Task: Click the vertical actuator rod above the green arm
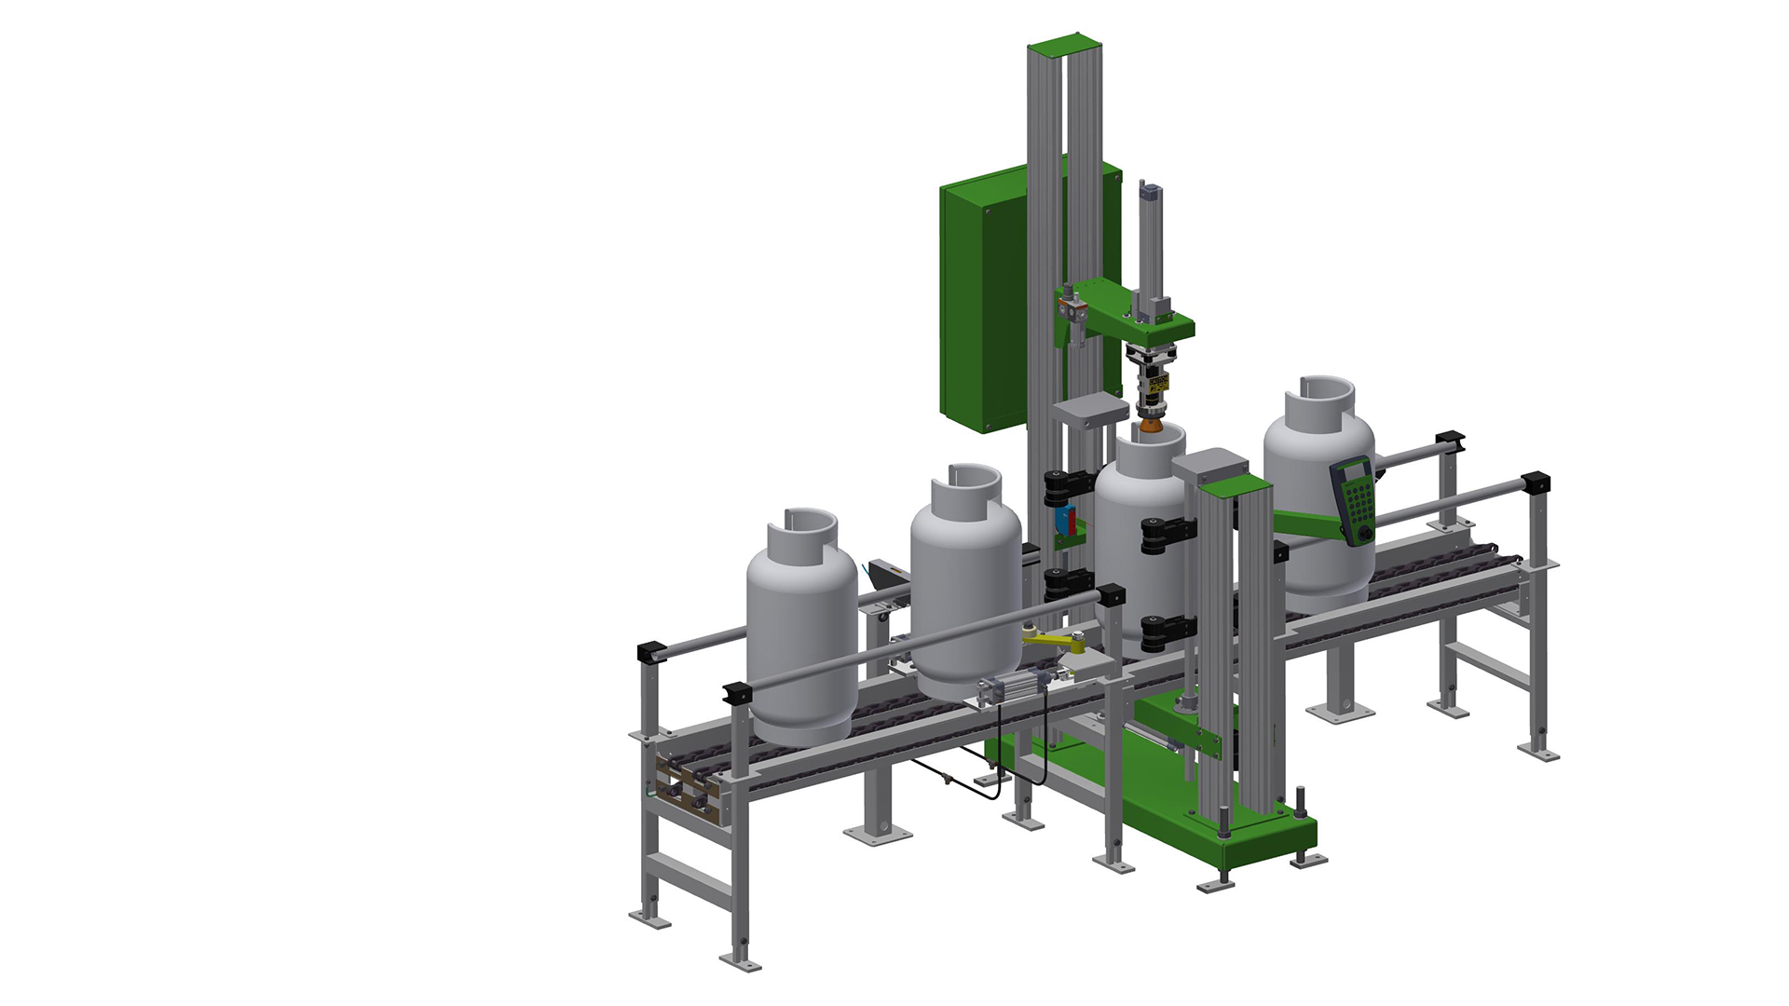click(1152, 242)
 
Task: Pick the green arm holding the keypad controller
click(1304, 522)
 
